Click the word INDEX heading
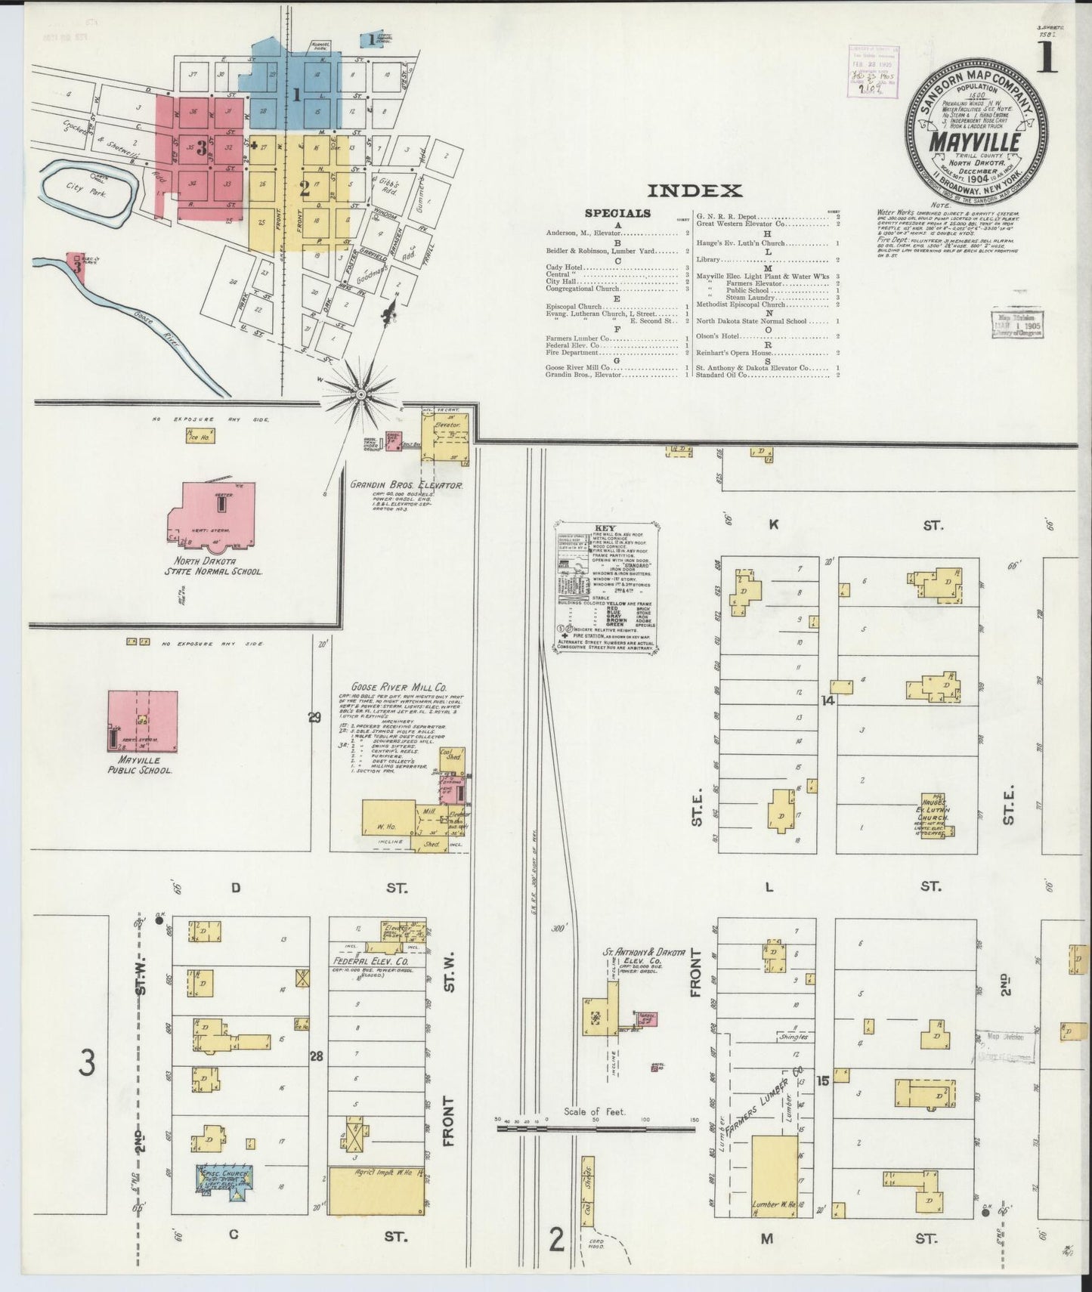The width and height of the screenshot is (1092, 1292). [x=694, y=191]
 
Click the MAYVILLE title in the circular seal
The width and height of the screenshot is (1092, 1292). [x=975, y=142]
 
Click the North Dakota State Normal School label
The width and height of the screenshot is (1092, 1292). [x=214, y=567]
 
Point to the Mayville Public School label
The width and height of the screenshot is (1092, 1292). [x=141, y=765]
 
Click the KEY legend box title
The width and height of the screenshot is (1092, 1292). [x=605, y=527]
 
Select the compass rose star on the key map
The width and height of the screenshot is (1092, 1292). [x=361, y=392]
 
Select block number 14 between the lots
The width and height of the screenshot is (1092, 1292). [x=828, y=700]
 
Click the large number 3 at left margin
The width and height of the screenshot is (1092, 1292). [x=88, y=1066]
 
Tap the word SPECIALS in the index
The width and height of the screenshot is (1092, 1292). [x=617, y=213]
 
